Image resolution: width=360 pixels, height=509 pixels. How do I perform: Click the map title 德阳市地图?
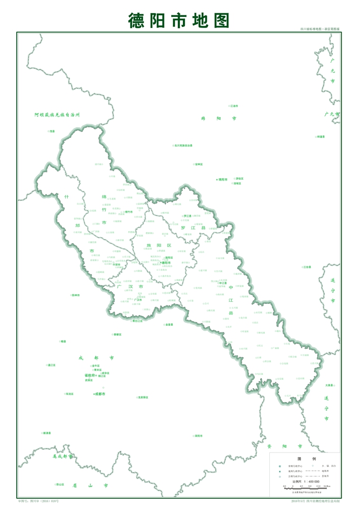coord(179,20)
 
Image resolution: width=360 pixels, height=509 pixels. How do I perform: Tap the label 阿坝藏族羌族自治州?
coord(58,115)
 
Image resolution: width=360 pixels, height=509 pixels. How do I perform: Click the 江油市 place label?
coord(234,106)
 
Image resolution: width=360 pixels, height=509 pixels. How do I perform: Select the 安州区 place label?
coord(198,164)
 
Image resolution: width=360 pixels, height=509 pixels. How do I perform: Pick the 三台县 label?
coord(307,266)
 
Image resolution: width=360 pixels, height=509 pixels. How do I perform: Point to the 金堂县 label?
coord(169,324)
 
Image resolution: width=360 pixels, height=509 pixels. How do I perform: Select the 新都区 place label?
coord(117,334)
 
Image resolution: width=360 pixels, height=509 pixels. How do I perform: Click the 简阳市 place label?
coord(198,436)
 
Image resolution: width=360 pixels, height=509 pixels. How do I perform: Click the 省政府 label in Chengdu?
coord(90,375)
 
